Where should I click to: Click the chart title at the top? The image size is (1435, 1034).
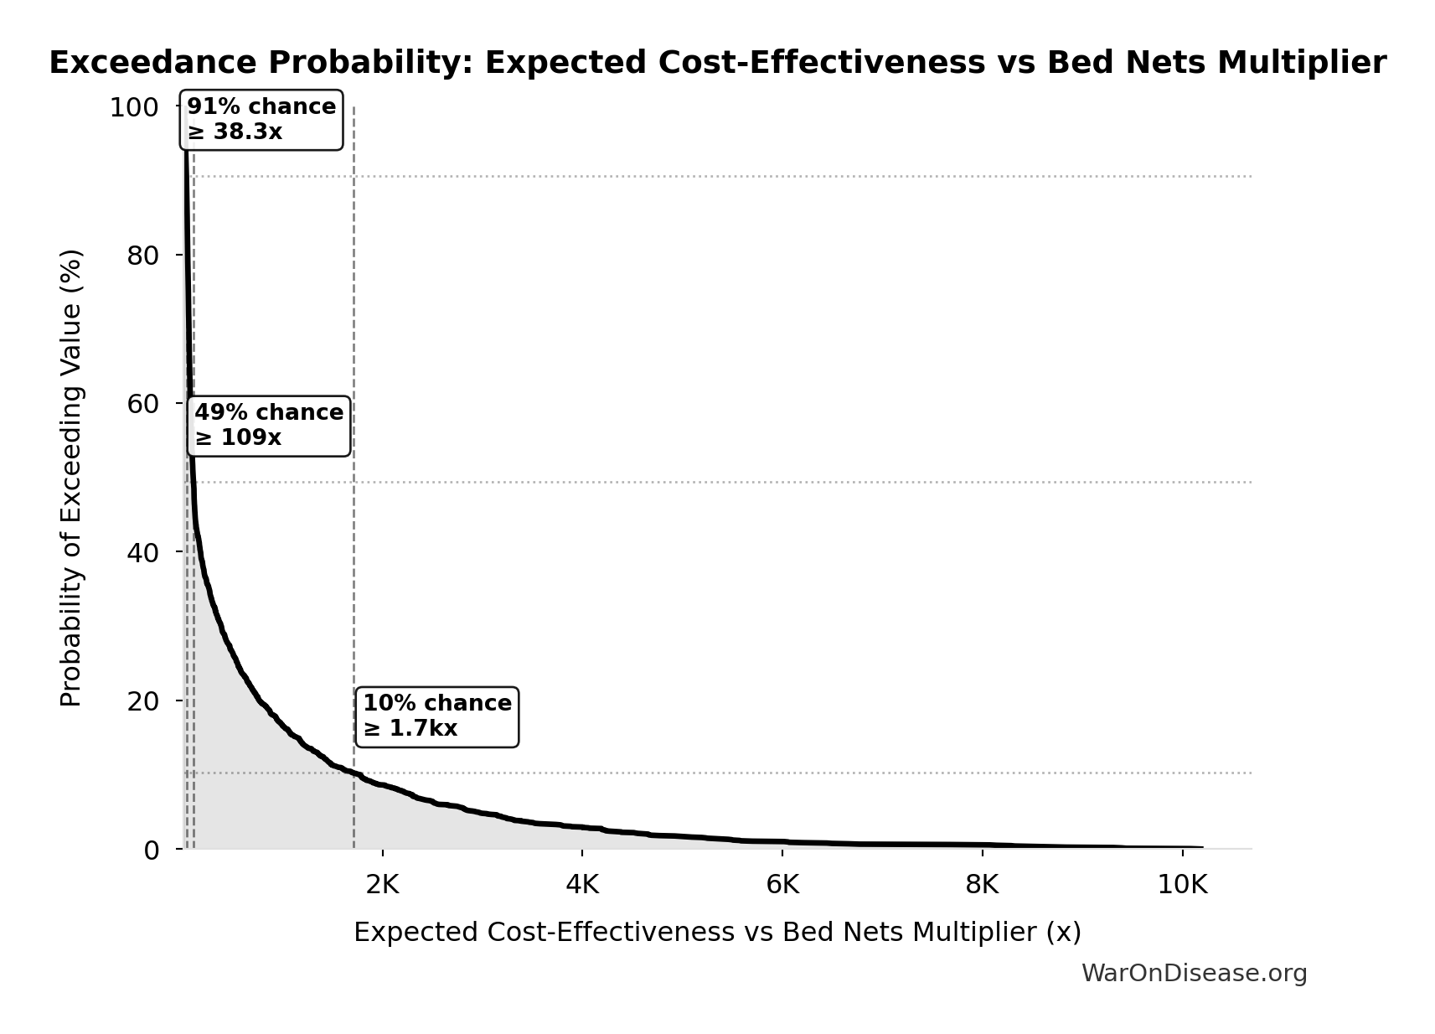pos(717,64)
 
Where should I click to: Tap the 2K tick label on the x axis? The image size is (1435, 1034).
pos(382,885)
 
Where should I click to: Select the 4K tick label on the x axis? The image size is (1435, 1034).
pos(582,885)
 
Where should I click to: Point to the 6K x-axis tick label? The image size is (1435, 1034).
pos(782,885)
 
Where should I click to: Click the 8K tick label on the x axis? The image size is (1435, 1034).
pos(982,885)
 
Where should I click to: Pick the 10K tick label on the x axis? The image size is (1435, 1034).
pos(1182,885)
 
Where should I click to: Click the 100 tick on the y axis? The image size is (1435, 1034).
pos(134,108)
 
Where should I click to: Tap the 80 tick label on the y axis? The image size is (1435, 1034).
pos(142,256)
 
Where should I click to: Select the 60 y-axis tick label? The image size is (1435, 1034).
pos(142,404)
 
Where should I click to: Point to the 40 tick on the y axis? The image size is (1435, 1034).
pos(142,552)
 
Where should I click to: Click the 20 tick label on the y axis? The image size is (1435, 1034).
pos(142,701)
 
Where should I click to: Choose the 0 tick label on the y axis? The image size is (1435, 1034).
pos(151,850)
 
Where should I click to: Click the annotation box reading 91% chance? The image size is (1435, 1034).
pos(261,120)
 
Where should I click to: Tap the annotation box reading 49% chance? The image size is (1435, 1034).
pos(269,426)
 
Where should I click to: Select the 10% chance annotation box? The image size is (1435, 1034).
pos(436,716)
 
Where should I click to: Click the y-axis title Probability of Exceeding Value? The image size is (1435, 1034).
pos(72,478)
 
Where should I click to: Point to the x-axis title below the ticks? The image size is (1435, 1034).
pos(717,933)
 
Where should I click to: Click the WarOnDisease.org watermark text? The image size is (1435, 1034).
pos(1194,973)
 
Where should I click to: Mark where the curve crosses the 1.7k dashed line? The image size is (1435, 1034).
pos(354,774)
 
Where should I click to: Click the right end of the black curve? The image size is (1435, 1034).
pos(1202,848)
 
